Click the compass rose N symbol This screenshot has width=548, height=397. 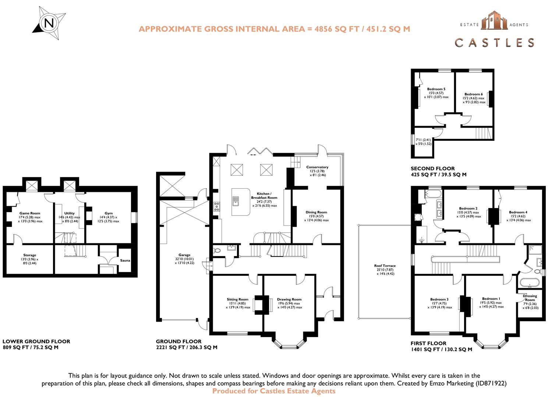coord(49,23)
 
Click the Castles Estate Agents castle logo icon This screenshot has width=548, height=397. coord(494,20)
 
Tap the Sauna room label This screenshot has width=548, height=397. coord(125,261)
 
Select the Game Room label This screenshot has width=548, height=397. coord(30,213)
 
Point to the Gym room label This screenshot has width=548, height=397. coord(109,213)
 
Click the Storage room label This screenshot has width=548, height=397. coord(30,255)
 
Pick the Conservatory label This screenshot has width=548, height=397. coord(317,167)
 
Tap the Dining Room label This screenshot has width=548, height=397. coord(316,212)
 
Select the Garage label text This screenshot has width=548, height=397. coord(184,255)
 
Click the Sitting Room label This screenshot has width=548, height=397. coord(237,299)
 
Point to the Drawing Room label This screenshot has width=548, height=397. coord(289,299)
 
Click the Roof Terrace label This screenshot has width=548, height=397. coord(385,266)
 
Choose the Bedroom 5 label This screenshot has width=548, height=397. coord(436,89)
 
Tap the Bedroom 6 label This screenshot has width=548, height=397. coord(473,94)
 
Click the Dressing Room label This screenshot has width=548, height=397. coord(530,298)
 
